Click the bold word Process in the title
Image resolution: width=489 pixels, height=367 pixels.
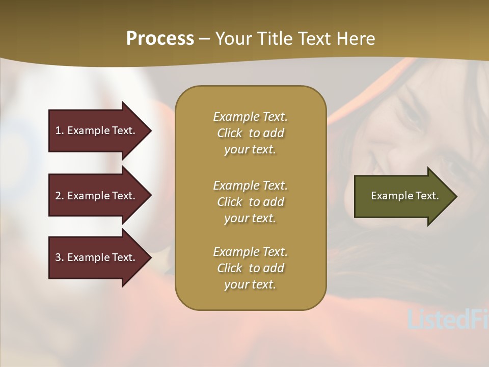coord(160,39)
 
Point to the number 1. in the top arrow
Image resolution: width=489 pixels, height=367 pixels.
coord(60,130)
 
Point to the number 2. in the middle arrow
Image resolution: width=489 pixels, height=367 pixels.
coord(60,196)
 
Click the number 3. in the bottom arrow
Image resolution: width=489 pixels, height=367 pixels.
coord(60,257)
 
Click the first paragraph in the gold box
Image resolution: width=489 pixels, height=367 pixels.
coord(250,133)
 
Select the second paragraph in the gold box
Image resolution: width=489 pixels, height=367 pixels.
coord(250,201)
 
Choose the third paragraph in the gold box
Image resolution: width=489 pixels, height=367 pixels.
coord(250,268)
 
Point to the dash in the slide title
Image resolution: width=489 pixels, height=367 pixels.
coord(204,39)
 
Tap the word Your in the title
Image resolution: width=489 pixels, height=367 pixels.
coord(232,39)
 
